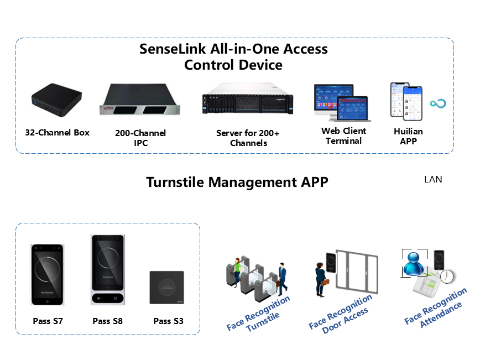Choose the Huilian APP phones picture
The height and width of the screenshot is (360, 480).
point(406,101)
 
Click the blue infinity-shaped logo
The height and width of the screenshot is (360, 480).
point(438,103)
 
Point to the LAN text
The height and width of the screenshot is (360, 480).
point(433,179)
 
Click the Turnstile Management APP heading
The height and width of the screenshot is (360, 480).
point(237,182)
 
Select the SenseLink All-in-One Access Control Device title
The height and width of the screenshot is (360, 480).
point(233,56)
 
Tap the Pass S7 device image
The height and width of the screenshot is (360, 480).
point(48,274)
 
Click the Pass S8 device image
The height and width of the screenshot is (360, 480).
point(108,270)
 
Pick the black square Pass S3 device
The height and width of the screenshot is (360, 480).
point(167,288)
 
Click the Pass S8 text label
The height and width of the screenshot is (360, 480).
point(107,321)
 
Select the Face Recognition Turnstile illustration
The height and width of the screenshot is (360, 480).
point(257,276)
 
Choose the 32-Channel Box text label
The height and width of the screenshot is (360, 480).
point(57,133)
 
